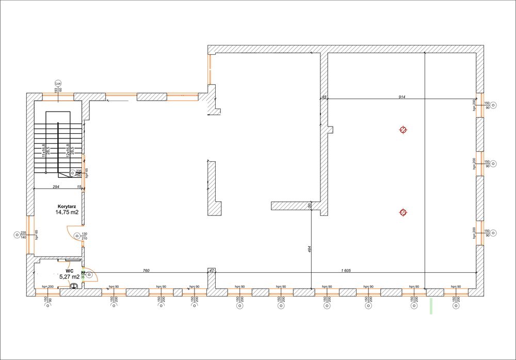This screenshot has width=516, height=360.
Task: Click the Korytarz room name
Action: coord(67,206)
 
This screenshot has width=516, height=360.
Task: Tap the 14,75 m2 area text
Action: coord(67,212)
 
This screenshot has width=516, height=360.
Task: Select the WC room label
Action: coord(69,270)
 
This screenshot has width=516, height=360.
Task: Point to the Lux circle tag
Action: coord(58,83)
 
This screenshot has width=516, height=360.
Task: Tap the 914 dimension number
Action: coord(401,97)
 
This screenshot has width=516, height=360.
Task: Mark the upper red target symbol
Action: coord(403,130)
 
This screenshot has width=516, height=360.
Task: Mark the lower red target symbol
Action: coord(403,212)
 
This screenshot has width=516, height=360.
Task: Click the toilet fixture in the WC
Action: coord(74,286)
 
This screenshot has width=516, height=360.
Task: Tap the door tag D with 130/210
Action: coord(77,236)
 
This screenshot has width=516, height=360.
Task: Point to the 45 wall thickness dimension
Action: coord(324,97)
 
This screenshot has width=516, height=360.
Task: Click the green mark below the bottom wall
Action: coord(431,305)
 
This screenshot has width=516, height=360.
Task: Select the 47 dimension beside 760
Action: coord(211,270)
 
